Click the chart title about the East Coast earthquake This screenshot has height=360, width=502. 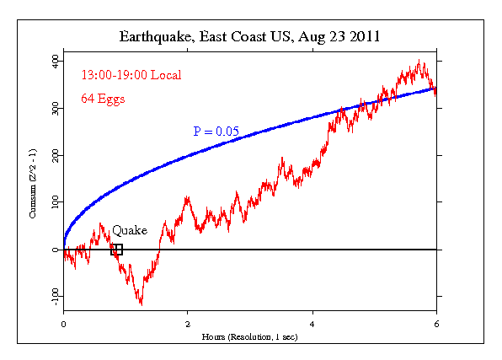pos(249,38)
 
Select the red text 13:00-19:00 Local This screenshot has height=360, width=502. pos(131,75)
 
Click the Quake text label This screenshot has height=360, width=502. pos(130,230)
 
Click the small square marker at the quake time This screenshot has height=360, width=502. pos(117,250)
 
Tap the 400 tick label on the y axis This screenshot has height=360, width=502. pos(52,62)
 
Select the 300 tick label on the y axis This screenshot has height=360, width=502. pos(52,109)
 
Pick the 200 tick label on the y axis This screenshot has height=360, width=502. pos(52,156)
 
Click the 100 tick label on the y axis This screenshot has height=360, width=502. pos(52,202)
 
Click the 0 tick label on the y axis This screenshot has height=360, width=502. pos(55,250)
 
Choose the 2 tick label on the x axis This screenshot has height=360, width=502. pos(188,322)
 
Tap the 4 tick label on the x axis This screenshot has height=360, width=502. pos(312,322)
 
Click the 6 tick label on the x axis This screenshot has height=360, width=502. pos(435,322)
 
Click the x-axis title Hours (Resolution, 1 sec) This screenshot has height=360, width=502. pos(249,336)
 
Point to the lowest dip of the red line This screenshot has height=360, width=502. pos(141,304)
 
